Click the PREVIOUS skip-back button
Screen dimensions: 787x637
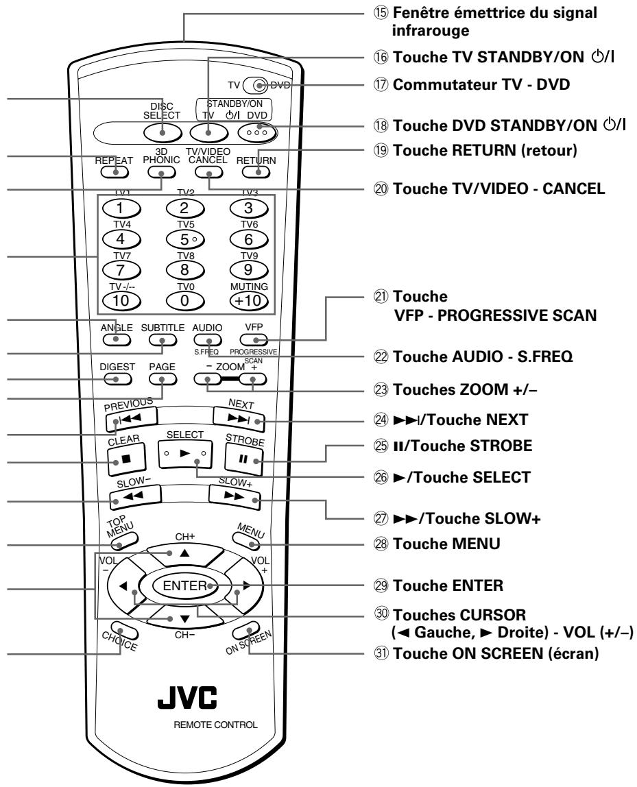coord(130,417)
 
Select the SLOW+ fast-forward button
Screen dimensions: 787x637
coord(236,501)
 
